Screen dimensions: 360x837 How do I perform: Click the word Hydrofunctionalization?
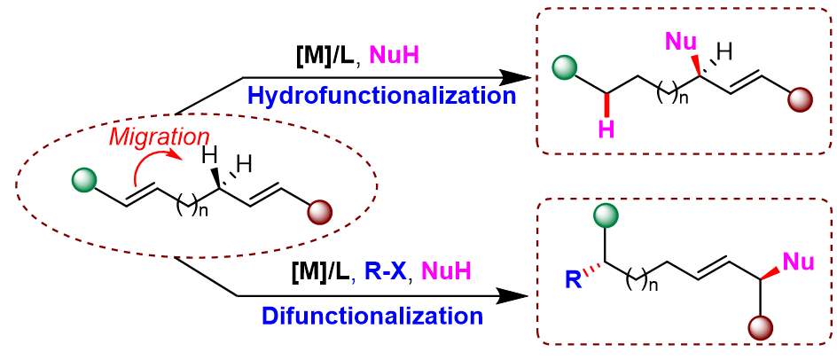pyautogui.click(x=382, y=95)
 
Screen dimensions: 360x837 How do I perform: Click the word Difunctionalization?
pyautogui.click(x=372, y=316)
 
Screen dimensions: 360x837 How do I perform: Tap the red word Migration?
pyautogui.click(x=160, y=137)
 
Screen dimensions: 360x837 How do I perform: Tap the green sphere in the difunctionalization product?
pyautogui.click(x=606, y=214)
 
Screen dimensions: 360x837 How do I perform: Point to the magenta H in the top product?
pyautogui.click(x=606, y=130)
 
